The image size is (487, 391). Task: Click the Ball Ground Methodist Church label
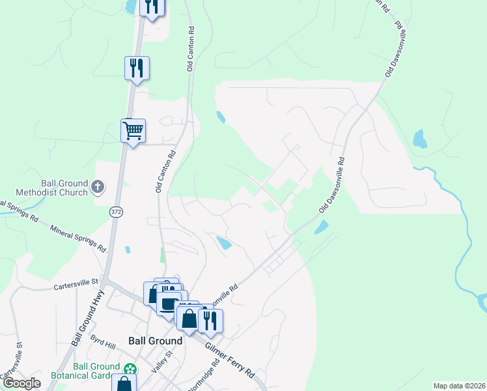(x=64, y=188)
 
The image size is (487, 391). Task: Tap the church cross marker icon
(x=98, y=188)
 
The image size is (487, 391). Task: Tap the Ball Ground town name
(x=156, y=341)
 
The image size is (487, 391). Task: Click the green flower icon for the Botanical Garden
(x=131, y=369)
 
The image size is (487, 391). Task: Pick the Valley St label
(x=160, y=361)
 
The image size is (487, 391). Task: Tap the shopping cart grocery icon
(x=133, y=130)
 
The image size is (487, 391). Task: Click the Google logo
(x=22, y=383)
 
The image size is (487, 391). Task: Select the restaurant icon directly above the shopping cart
(x=137, y=68)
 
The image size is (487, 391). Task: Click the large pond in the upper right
(x=420, y=139)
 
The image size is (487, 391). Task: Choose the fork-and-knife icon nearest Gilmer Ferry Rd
(x=210, y=320)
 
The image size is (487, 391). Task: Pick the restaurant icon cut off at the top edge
(x=151, y=7)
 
